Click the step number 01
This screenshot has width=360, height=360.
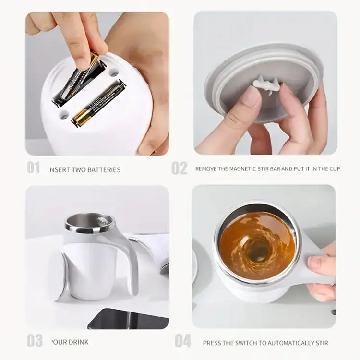[x=34, y=168]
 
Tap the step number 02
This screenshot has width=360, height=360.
[x=180, y=168]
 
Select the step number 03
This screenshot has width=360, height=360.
[x=35, y=341]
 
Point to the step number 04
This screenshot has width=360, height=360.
[x=183, y=341]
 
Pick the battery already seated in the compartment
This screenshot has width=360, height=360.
[x=98, y=104]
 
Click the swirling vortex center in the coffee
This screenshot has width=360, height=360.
[x=258, y=250]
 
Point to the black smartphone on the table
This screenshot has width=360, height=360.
[x=127, y=319]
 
